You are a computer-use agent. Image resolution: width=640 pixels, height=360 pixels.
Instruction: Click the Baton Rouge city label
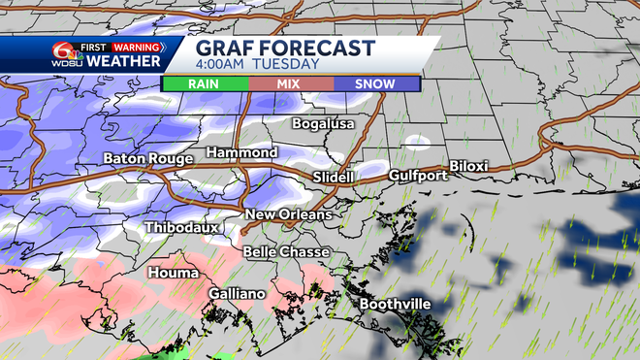click(147, 158)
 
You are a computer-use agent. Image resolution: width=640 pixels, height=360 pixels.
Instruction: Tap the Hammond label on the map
click(241, 153)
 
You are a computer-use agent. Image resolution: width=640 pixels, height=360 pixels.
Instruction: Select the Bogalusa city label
click(325, 124)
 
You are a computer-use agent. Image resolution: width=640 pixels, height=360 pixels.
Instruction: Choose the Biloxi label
click(468, 167)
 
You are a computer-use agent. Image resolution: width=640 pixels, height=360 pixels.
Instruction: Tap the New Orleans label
click(288, 214)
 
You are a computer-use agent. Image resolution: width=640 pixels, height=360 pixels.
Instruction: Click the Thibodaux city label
click(182, 227)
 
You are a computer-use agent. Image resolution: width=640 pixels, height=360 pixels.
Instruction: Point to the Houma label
click(172, 274)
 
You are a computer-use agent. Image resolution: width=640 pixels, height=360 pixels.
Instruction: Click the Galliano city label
click(240, 293)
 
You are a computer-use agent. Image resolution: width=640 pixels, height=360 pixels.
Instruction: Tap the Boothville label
click(395, 304)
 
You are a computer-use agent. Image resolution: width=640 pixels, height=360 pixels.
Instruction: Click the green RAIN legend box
click(206, 83)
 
